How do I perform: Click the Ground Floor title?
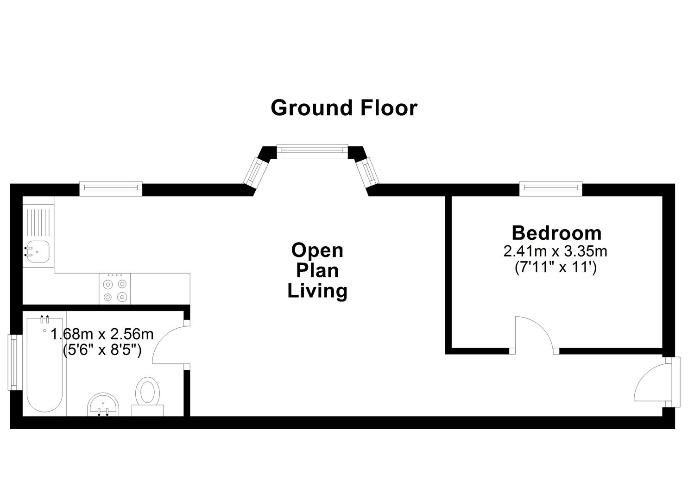344,108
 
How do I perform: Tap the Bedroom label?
556,233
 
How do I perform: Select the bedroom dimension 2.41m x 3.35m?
555,251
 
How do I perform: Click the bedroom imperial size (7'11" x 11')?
555,267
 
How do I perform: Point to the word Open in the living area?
317,251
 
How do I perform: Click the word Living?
317,291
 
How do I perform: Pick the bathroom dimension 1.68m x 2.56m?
102,334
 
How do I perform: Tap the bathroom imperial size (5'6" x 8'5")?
102,350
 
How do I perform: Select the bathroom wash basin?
103,405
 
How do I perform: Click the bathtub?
45,365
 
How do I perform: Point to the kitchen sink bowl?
37,252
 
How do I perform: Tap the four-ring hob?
115,289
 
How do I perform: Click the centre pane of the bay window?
312,151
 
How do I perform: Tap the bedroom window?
551,188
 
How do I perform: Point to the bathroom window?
15,362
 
